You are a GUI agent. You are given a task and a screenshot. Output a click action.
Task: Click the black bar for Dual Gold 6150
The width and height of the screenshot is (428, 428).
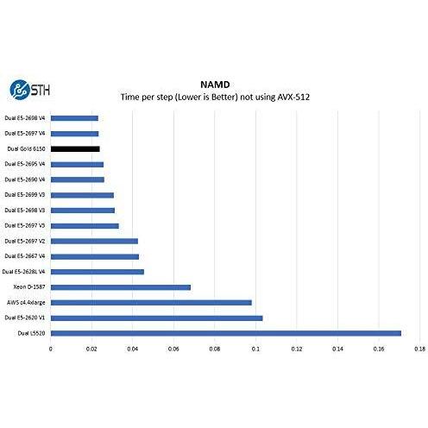pos(75,149)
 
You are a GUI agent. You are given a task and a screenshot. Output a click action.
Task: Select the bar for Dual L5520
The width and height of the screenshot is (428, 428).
pos(226,333)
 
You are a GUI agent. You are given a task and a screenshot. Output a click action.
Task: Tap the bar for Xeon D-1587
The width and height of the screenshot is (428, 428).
pos(121,287)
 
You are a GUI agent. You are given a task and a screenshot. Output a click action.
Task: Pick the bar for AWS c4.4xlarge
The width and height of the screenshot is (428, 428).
pos(151,303)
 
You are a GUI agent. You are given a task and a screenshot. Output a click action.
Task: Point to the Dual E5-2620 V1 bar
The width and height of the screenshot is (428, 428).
pos(157,318)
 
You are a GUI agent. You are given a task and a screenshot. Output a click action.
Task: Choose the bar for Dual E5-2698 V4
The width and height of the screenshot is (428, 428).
pos(74,118)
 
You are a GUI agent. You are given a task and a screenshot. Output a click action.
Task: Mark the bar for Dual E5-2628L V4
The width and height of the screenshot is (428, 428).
pos(98,272)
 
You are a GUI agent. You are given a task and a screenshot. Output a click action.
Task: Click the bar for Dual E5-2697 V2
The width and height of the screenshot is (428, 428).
pos(94,241)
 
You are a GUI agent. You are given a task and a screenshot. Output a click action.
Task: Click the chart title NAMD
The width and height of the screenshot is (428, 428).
pos(215,85)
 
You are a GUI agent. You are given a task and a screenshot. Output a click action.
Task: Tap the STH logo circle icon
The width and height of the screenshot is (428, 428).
pos(20,90)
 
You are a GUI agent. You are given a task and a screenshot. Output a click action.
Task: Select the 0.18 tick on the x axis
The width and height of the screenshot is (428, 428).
pos(420,349)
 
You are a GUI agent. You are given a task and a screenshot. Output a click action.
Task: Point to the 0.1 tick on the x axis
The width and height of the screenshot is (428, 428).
pos(255,349)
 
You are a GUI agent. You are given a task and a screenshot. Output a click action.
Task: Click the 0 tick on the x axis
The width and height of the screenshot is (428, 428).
pos(51,349)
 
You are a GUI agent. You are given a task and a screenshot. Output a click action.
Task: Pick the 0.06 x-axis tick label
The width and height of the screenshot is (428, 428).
pos(173,349)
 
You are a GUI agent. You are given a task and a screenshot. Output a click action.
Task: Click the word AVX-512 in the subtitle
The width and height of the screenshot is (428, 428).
pos(293,98)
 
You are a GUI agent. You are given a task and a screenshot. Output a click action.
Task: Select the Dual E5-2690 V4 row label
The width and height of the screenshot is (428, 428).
pos(25,179)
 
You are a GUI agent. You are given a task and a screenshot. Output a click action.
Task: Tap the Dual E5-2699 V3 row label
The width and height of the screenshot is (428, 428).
pos(25,195)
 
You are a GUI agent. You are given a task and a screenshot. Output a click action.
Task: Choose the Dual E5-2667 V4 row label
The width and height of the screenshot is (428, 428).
pos(25,256)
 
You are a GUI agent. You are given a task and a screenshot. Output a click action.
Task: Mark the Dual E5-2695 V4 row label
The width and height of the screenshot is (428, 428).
pos(25,164)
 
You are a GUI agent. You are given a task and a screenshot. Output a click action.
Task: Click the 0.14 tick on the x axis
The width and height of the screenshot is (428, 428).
pos(337,349)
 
